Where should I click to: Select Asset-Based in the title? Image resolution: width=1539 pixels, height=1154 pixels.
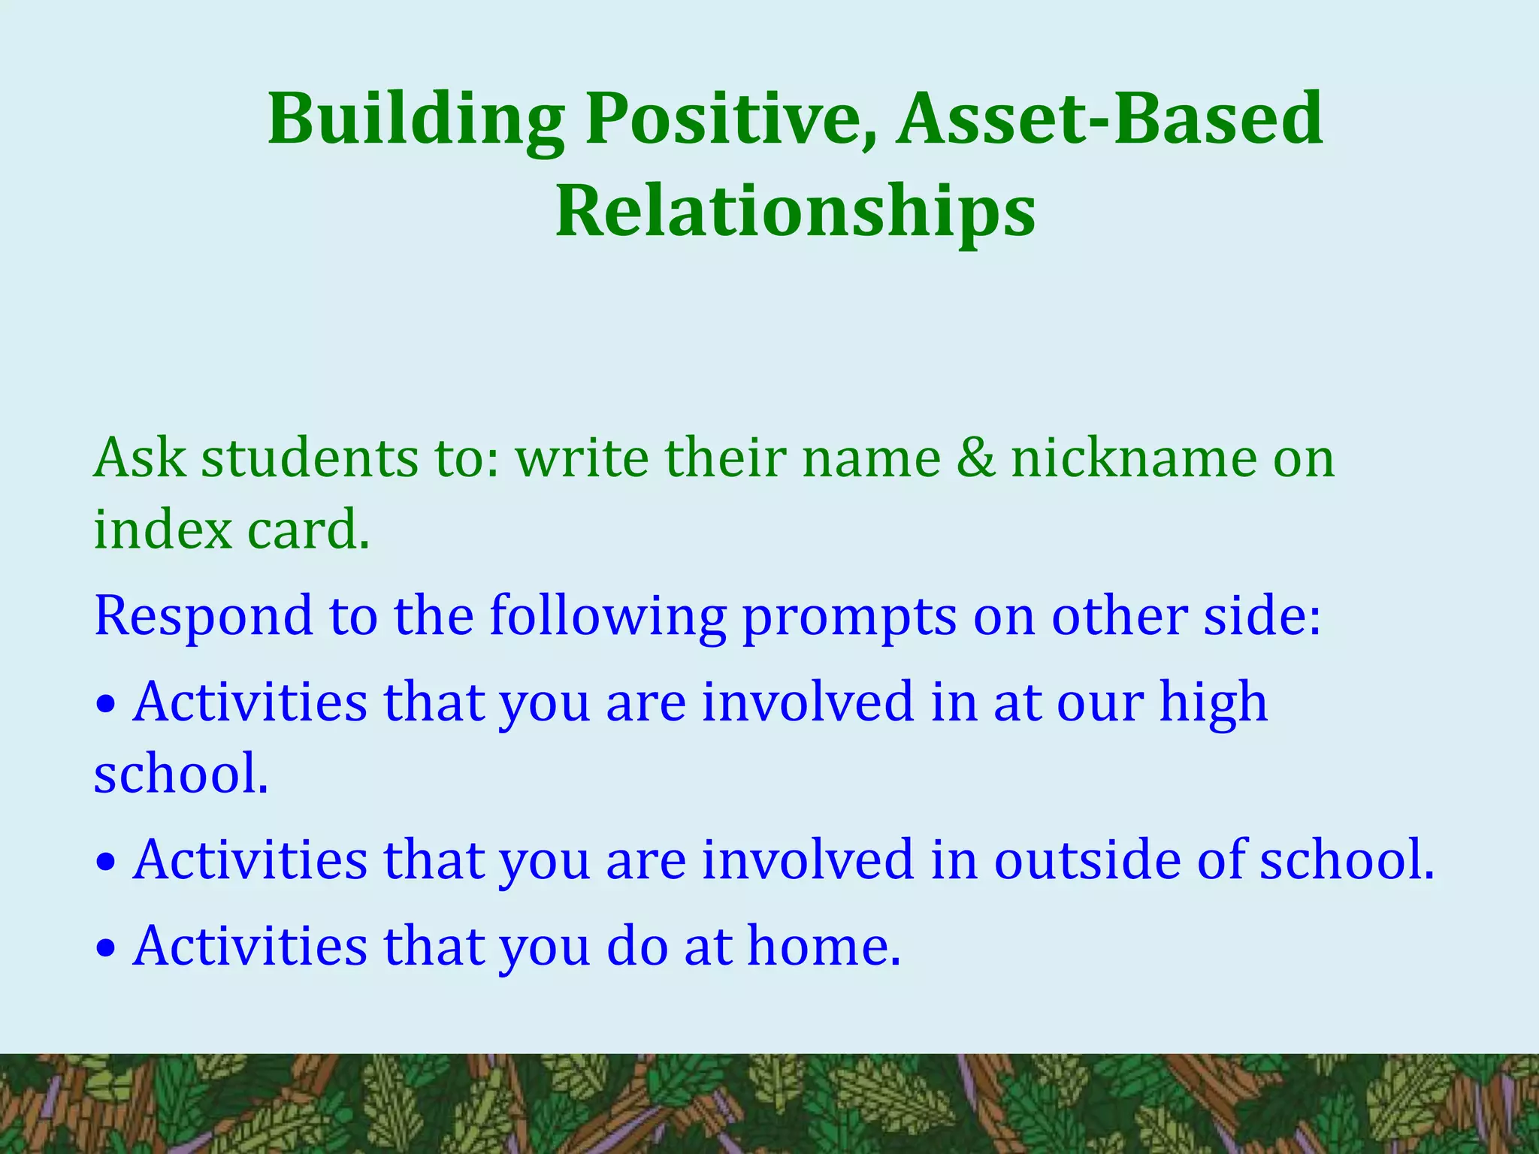1109,119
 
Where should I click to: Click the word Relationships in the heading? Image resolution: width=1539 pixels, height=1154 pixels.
795,212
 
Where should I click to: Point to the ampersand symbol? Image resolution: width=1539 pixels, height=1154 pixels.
975,458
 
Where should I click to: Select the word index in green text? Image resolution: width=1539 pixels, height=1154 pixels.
162,529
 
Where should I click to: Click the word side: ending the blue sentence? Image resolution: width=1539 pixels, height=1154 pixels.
1262,616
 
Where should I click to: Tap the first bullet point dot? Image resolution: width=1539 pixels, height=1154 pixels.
107,705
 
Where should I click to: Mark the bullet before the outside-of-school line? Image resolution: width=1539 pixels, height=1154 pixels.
107,863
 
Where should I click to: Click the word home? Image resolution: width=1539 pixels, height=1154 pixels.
824,947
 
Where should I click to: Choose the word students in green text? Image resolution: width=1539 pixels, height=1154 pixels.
309,458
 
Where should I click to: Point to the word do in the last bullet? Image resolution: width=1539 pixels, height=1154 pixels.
636,947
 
